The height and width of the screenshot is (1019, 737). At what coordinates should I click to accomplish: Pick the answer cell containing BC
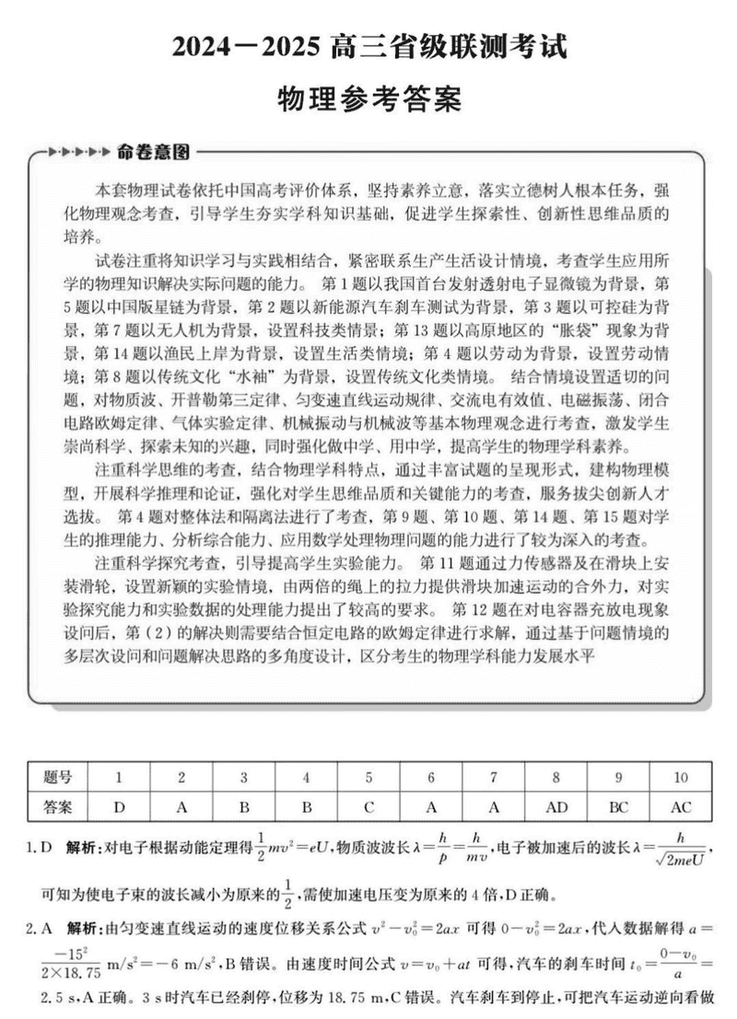click(618, 807)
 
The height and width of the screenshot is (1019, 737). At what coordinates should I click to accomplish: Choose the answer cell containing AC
click(680, 807)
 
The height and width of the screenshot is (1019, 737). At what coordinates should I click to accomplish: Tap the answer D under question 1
click(119, 807)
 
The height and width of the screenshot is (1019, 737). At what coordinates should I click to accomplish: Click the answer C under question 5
click(368, 807)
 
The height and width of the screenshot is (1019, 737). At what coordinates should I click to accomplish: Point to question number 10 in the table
click(680, 777)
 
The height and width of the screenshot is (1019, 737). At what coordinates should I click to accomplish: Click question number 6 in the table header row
click(431, 777)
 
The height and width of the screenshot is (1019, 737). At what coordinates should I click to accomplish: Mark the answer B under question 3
click(243, 807)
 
